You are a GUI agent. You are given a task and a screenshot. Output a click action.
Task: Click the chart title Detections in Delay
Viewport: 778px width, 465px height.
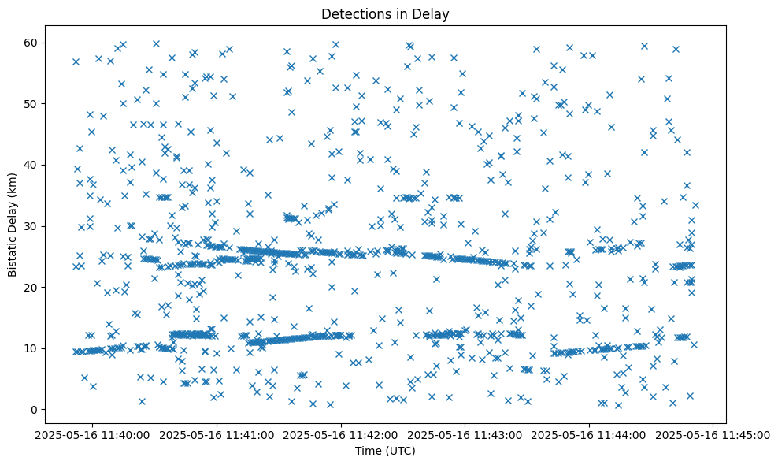[386, 13]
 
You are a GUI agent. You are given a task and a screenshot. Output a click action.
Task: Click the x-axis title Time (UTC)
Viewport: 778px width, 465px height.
[386, 452]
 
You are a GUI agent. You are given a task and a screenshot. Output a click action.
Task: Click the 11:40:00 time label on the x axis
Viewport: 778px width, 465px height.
[94, 435]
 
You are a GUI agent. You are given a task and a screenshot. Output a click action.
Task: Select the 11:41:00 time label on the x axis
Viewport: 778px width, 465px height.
[218, 435]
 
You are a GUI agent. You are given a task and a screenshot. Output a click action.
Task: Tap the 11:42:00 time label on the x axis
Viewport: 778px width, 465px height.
[342, 435]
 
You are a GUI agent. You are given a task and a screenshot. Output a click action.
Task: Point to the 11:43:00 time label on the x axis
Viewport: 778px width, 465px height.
[465, 435]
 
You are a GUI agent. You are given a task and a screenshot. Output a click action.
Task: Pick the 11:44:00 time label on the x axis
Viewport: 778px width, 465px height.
[590, 435]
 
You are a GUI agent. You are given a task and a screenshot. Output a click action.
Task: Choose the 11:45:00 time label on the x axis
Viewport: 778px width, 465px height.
[713, 435]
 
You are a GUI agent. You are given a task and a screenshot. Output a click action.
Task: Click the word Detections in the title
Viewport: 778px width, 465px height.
[355, 13]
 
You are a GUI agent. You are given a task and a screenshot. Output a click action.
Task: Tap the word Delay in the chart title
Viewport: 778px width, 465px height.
[433, 13]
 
